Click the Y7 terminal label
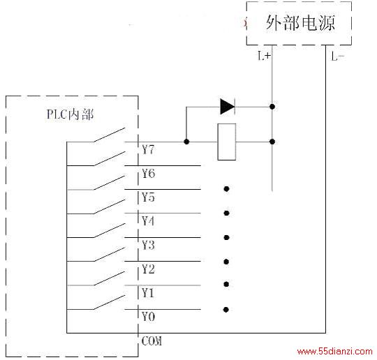pos(148,149)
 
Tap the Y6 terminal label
pos(148,173)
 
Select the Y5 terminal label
pos(148,197)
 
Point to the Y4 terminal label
pos(148,221)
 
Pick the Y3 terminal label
pos(148,245)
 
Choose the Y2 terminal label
pos(148,269)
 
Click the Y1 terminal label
pos(147,293)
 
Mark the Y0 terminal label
pos(148,317)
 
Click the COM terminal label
pos(151,341)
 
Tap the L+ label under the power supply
pos(264,56)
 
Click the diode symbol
pos(228,107)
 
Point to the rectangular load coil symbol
pos(226,142)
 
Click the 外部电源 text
pos(300,23)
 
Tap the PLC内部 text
pos(70,114)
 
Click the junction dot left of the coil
pos(186,142)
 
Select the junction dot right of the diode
pos(272,107)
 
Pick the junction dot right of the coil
pos(272,142)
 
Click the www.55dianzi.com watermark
pos(334,352)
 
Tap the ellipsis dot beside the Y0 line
pos(226,310)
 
